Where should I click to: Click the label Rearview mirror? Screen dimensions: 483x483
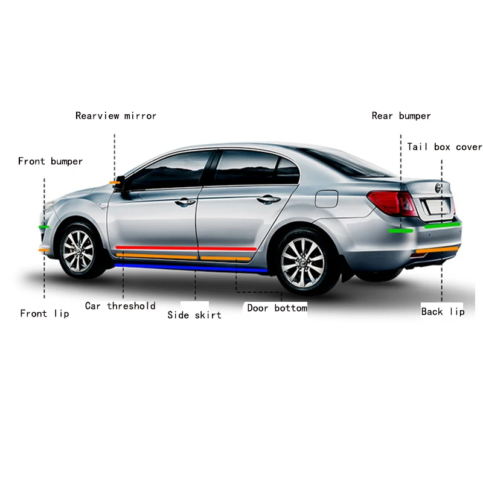(116, 116)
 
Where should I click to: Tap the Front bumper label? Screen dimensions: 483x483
(50, 161)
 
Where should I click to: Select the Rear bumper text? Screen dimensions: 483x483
(401, 116)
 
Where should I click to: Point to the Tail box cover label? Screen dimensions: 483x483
(444, 147)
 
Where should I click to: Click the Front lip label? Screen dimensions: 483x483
(45, 313)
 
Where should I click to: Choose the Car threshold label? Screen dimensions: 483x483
(120, 306)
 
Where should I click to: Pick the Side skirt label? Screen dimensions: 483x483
(194, 315)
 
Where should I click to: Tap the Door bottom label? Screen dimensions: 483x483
(277, 308)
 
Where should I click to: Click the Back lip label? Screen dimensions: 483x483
(443, 312)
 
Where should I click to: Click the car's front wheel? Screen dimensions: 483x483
(78, 250)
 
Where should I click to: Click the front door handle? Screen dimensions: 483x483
(185, 202)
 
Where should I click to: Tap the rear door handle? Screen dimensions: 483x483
(267, 199)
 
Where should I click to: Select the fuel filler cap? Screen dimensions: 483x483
(327, 197)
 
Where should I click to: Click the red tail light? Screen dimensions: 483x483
(392, 203)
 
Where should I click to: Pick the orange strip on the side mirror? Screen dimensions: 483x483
(114, 182)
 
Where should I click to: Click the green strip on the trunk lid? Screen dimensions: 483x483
(442, 225)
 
